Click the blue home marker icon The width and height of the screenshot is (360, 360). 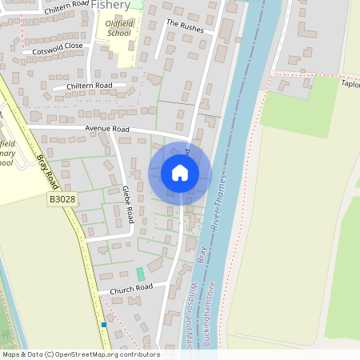pyautogui.click(x=180, y=172)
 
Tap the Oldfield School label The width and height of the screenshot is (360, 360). pyautogui.click(x=118, y=29)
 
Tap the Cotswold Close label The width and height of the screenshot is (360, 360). pyautogui.click(x=58, y=47)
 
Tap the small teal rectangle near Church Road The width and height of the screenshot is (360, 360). pyautogui.click(x=141, y=274)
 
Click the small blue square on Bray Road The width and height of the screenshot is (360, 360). pyautogui.click(x=104, y=325)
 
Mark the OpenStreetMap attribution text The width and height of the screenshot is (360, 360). pyautogui.click(x=80, y=354)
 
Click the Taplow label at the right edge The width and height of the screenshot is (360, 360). pyautogui.click(x=350, y=83)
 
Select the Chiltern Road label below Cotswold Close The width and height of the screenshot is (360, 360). pyautogui.click(x=90, y=86)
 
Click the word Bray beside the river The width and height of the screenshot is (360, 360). pyautogui.click(x=200, y=257)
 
